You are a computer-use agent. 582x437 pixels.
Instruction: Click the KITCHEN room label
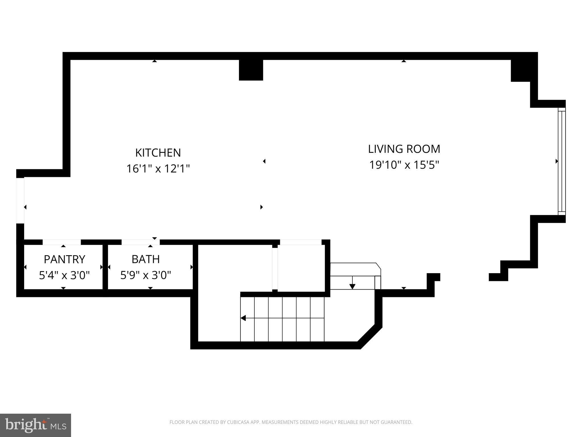click(x=158, y=153)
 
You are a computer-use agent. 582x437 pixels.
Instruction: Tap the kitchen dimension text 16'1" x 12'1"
click(x=158, y=169)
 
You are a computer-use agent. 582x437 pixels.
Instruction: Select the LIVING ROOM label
click(x=404, y=149)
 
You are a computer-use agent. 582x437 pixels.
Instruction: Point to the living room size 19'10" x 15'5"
click(x=404, y=165)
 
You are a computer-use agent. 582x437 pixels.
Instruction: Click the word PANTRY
click(x=64, y=259)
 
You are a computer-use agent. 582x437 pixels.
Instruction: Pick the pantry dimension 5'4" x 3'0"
click(x=64, y=275)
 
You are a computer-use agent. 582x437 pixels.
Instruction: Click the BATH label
click(x=145, y=259)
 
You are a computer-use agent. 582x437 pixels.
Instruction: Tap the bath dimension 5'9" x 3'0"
click(x=145, y=275)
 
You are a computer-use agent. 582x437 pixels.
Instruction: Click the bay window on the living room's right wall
click(x=562, y=161)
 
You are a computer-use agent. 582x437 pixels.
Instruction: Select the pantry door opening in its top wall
click(x=62, y=242)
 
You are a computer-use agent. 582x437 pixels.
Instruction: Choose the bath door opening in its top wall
click(x=141, y=242)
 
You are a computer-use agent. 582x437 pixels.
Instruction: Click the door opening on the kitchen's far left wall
click(x=20, y=201)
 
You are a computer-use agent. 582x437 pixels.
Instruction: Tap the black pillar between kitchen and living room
click(x=251, y=70)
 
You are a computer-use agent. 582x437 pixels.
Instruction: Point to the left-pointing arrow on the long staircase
click(x=243, y=318)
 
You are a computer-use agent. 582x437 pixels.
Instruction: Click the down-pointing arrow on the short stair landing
click(x=352, y=286)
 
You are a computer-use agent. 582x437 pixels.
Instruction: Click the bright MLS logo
click(x=35, y=425)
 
